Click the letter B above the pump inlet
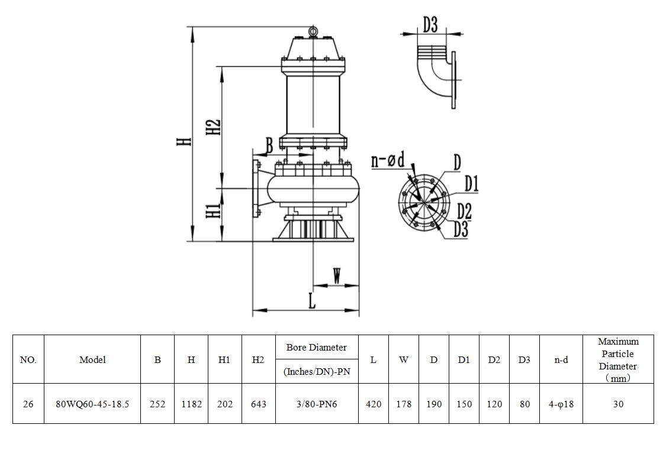269,145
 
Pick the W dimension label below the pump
336,275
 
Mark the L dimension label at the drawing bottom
312,301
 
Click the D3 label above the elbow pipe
430,25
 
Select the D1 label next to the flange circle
471,184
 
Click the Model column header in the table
92,359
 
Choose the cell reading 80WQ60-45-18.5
92,404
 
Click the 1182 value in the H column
191,404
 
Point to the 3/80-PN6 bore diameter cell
317,404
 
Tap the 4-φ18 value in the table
561,404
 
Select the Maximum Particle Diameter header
618,359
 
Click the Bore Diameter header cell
317,347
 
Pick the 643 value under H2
258,404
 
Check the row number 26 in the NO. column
28,404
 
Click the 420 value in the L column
374,404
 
